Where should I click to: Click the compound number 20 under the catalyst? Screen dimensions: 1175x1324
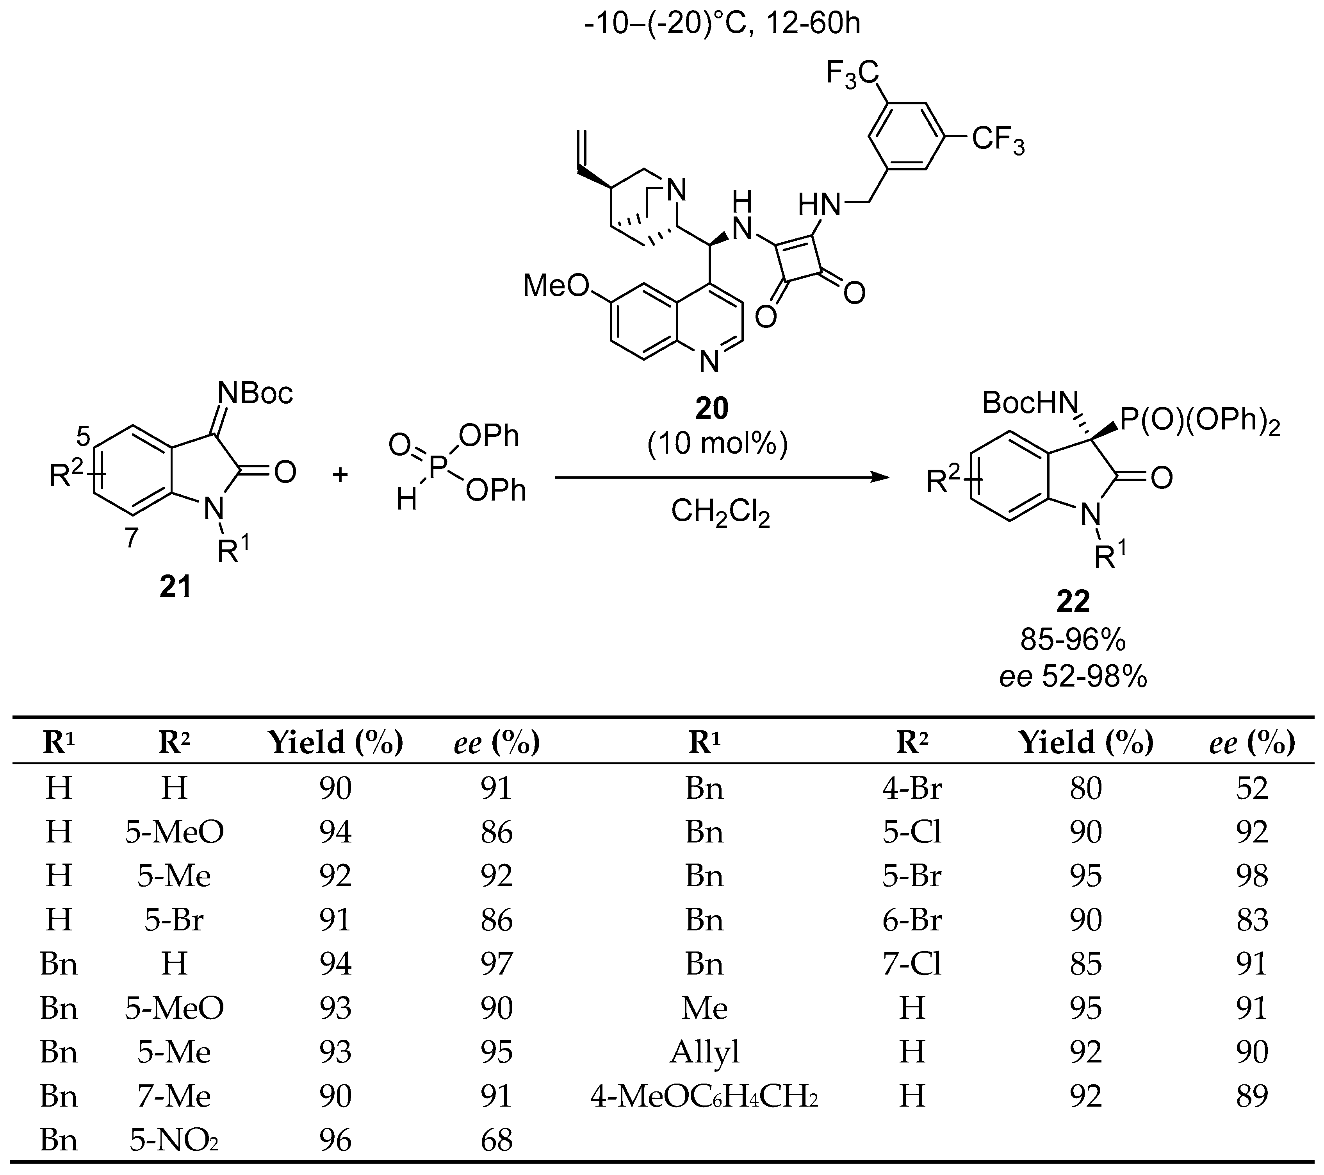click(712, 408)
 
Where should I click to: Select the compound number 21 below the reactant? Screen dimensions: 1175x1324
click(176, 587)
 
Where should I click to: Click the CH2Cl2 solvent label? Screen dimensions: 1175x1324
click(720, 513)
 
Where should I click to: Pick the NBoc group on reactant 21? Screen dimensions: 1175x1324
click(255, 393)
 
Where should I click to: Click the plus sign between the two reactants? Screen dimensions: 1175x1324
click(340, 475)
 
